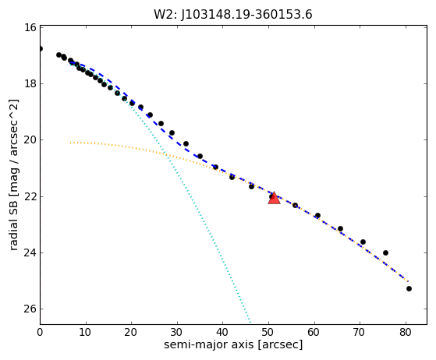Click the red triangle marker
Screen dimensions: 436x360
(x=274, y=198)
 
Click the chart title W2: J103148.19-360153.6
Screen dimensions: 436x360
(x=233, y=14)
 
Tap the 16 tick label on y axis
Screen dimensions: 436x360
(x=30, y=27)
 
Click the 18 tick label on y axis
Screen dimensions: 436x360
(x=30, y=83)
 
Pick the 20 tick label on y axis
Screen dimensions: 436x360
(x=30, y=140)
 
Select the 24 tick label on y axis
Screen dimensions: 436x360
(x=30, y=252)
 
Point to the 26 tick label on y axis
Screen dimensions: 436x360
(x=30, y=309)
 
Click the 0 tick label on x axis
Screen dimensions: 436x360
(x=40, y=332)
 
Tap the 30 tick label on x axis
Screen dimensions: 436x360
(x=177, y=332)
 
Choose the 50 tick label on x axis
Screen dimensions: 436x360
(x=268, y=332)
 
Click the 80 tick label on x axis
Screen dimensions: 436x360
(x=406, y=332)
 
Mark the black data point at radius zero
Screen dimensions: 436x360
(x=41, y=49)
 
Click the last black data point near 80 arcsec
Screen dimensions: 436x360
(x=409, y=289)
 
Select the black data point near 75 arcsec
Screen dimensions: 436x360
(x=385, y=252)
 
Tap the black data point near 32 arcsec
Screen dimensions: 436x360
(x=186, y=144)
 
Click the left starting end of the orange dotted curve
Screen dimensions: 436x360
(x=71, y=143)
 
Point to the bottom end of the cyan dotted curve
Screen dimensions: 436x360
(x=250, y=323)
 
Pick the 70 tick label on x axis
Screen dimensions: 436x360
(x=360, y=332)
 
